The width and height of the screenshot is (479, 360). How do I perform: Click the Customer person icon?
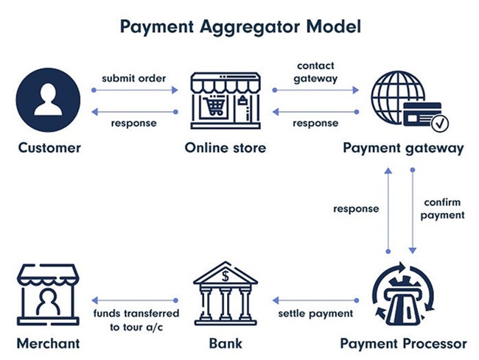coord(48,100)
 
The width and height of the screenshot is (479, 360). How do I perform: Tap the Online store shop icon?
coord(225,100)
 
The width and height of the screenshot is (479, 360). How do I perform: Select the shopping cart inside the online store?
coord(215,105)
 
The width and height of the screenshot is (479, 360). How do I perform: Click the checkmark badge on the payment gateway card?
coord(440,124)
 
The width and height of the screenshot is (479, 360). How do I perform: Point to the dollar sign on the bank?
coord(225,276)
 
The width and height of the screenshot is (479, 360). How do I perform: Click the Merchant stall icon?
coord(48,294)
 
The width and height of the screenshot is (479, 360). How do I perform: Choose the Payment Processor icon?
coord(403,294)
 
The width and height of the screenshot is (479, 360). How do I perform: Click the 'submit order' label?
coord(134,79)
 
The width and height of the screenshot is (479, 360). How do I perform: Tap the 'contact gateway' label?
coord(315,72)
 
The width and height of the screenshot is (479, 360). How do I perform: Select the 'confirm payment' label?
coord(442,209)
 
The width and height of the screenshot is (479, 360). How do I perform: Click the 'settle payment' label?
coord(315,314)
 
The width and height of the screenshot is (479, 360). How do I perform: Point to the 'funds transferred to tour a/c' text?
coord(136,320)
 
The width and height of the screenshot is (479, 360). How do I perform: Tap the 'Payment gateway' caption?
coord(403,148)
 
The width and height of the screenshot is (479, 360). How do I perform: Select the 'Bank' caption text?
coord(225,344)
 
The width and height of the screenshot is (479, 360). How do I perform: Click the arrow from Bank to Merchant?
coord(135,300)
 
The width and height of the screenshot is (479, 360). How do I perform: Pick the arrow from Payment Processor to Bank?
coord(315,300)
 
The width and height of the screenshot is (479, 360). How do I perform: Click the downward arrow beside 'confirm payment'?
coord(413,211)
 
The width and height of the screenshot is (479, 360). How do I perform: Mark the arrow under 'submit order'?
coord(135,90)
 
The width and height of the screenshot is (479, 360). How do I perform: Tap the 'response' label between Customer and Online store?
coord(134,123)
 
